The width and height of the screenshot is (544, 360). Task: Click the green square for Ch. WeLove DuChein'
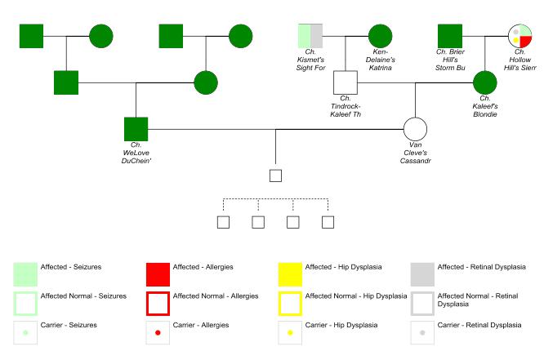136,129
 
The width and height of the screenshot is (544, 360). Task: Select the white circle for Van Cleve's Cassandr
415,129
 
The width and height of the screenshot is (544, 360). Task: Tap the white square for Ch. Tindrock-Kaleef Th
347,82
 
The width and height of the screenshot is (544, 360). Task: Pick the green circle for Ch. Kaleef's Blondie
485,82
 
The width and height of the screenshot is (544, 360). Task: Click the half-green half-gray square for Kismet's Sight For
310,36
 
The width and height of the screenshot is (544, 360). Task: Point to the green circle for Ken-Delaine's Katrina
380,36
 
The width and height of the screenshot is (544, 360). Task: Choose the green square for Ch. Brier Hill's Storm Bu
450,36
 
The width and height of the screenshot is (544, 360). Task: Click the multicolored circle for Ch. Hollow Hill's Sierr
520,36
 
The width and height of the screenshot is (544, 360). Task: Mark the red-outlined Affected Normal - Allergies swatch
157,303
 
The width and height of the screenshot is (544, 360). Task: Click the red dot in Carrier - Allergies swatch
157,332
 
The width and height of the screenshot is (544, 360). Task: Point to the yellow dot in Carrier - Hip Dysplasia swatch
291,332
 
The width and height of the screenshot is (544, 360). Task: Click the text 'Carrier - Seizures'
69,325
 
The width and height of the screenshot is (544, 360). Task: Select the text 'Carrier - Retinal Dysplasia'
479,325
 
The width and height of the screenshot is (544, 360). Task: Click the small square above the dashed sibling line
275,175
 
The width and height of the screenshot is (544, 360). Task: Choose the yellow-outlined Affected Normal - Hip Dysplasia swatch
291,303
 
